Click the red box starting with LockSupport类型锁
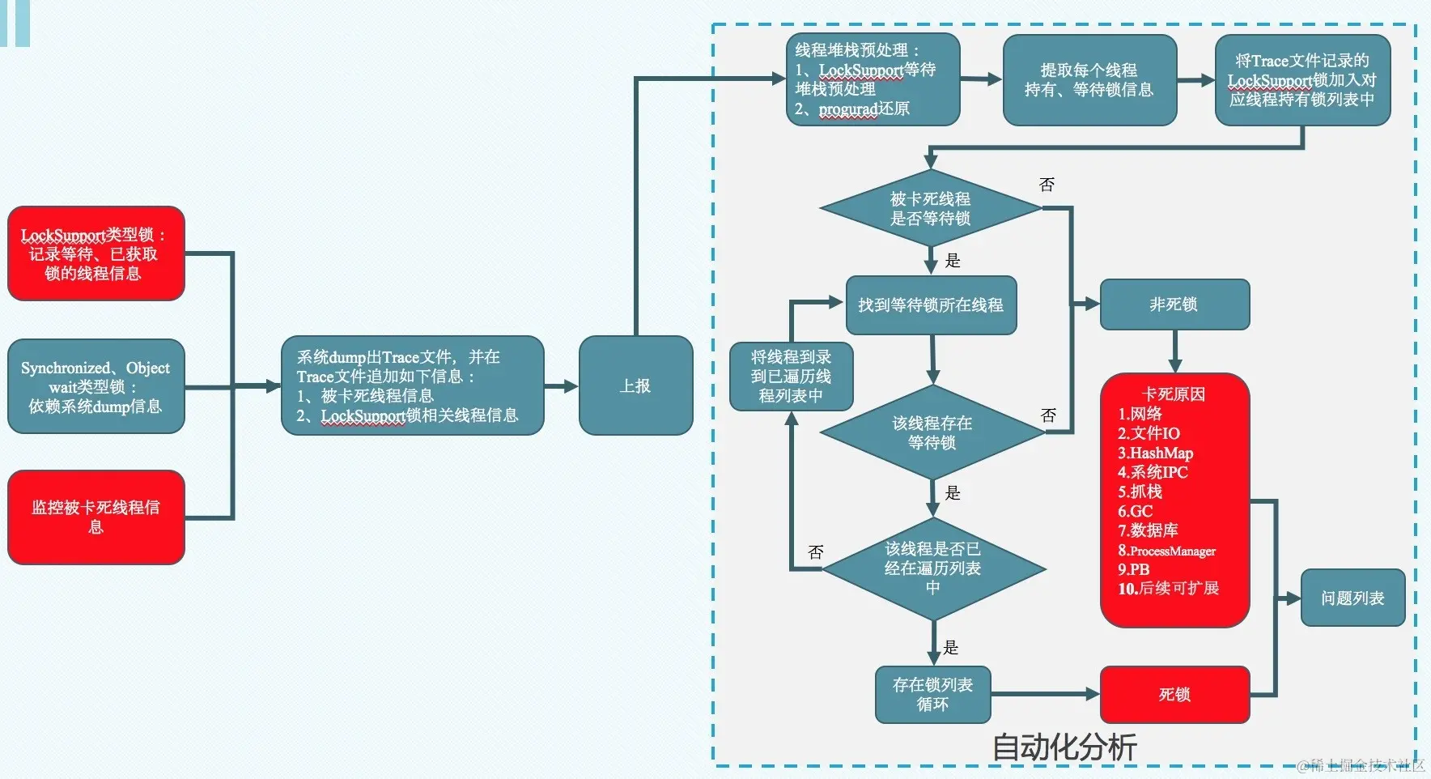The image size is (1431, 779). [x=96, y=253]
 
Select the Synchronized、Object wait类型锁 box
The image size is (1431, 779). [x=96, y=386]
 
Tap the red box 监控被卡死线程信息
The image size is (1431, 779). [x=96, y=517]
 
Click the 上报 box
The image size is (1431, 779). [x=635, y=385]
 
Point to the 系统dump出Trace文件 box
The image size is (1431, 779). [x=412, y=385]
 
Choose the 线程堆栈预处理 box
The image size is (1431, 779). [x=872, y=79]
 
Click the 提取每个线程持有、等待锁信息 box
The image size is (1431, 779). [x=1089, y=79]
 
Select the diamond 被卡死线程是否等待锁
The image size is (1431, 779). [x=930, y=208]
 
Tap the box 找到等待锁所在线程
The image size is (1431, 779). [x=930, y=305]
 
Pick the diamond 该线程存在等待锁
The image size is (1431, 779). [x=932, y=432]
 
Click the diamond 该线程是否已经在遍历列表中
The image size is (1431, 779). [x=932, y=568]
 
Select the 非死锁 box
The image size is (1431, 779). [x=1174, y=304]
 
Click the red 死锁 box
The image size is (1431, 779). [x=1174, y=694]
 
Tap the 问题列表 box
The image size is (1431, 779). [x=1352, y=598]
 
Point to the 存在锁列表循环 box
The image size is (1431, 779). [x=932, y=694]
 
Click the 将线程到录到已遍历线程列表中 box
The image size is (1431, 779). [x=790, y=376]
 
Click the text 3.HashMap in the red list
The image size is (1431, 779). [x=1155, y=453]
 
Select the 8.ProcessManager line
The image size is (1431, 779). [x=1166, y=551]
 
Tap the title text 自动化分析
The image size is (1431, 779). [x=1064, y=747]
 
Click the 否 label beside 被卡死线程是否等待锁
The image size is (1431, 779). [x=1047, y=185]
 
